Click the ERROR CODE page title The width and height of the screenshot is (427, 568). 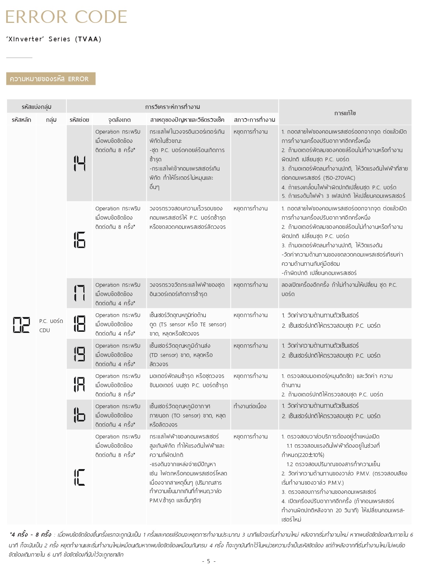point(66,17)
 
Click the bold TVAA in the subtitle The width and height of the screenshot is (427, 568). point(88,39)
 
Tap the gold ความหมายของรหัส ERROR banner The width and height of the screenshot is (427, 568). point(51,79)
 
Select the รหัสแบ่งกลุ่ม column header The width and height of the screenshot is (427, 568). point(36,107)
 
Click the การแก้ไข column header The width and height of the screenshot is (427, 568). point(345,113)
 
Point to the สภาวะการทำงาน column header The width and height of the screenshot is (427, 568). point(254,120)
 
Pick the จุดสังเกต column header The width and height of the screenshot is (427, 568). point(119,120)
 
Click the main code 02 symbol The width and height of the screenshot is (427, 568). point(21,325)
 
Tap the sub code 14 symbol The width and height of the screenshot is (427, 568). point(79,163)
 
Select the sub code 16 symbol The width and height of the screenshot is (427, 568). point(79,240)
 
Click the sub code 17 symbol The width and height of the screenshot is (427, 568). point(79,293)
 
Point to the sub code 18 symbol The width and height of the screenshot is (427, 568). point(79,324)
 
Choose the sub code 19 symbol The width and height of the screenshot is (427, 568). point(79,354)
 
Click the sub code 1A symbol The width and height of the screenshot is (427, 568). point(79,384)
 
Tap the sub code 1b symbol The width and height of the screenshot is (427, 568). point(79,415)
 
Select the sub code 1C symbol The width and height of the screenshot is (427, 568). point(79,477)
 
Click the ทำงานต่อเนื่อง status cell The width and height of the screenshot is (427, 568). point(250,406)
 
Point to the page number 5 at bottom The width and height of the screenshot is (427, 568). point(209,561)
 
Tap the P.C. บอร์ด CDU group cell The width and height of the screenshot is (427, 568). point(51,326)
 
